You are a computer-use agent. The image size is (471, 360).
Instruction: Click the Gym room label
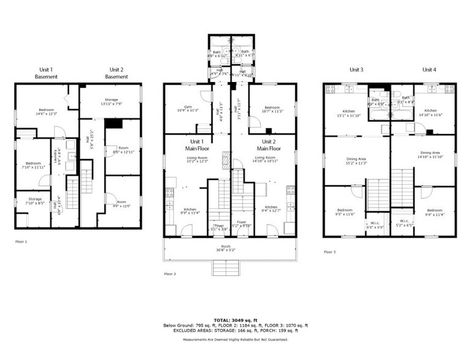coord(181,108)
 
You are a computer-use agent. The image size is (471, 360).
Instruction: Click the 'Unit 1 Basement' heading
coord(47,73)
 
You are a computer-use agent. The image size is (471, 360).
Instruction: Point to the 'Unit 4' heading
coord(429,70)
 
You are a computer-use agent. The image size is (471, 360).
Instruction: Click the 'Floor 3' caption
coord(330,252)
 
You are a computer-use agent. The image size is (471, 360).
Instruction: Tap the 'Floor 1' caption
coord(21,242)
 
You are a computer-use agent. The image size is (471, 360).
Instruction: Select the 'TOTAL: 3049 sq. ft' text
coord(235,320)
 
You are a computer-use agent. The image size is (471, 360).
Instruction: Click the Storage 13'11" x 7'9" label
coord(111,101)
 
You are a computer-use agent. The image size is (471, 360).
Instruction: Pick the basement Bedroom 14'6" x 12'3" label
coord(46,111)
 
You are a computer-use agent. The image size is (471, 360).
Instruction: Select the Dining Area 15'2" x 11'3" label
coord(356,161)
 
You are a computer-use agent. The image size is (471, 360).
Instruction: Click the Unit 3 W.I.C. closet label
coord(377,224)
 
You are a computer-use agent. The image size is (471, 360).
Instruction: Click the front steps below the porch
coord(224,268)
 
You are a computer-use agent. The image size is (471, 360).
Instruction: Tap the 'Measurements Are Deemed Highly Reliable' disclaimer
coord(235,339)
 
